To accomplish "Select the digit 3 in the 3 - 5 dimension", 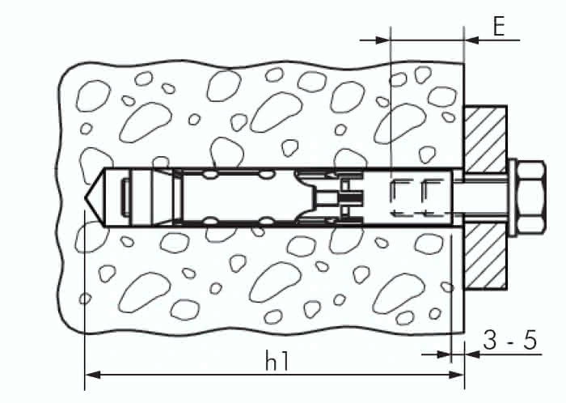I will tap(492, 340).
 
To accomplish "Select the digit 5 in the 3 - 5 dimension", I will tap(530, 340).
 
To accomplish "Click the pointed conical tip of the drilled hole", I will tap(93, 197).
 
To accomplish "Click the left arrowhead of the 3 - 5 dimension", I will tap(441, 354).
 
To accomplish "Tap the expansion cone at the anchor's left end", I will tap(146, 197).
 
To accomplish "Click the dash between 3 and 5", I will tap(510, 341).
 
